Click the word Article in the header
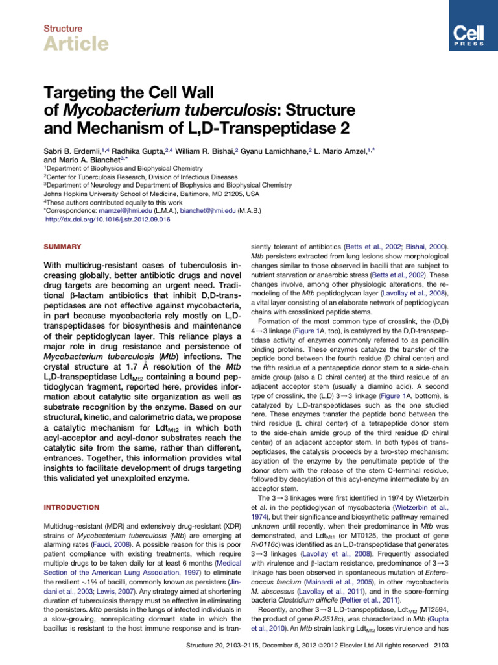click(76, 44)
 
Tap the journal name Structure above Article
click(63, 29)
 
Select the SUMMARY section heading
click(62, 247)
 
